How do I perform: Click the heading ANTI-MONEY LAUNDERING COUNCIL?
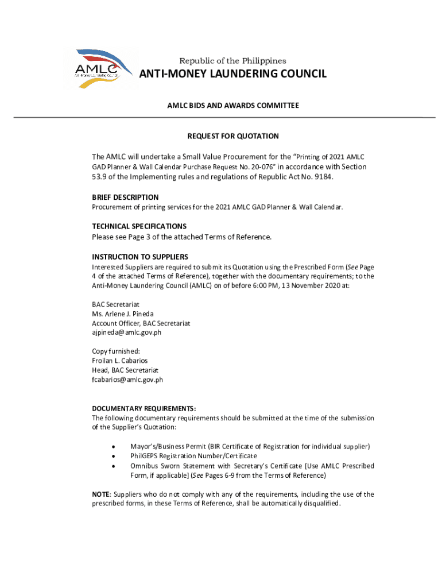click(x=234, y=74)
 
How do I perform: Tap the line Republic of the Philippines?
click(x=233, y=61)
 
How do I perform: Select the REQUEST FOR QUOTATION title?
click(x=233, y=136)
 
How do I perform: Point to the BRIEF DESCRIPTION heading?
click(x=125, y=197)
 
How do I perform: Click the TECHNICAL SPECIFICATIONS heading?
click(x=139, y=226)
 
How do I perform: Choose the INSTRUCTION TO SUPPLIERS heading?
click(x=140, y=257)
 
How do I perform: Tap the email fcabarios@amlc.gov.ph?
click(x=127, y=380)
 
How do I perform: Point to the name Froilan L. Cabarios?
click(x=120, y=361)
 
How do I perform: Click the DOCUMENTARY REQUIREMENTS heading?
click(x=144, y=408)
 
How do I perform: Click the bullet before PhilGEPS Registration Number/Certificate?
click(x=114, y=457)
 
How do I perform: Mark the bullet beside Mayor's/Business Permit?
click(x=114, y=447)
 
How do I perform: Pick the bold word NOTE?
click(x=102, y=494)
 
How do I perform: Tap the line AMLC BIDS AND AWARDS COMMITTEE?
click(x=233, y=106)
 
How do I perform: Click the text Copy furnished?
click(x=116, y=351)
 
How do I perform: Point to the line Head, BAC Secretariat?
click(x=125, y=370)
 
